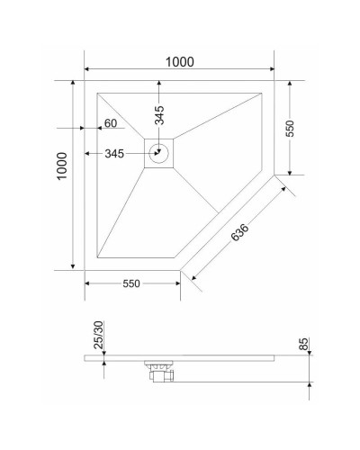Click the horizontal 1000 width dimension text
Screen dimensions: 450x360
click(179, 60)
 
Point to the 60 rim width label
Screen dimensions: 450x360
click(111, 123)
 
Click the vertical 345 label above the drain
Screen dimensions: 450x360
click(159, 115)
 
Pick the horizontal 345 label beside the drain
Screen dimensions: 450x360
click(114, 154)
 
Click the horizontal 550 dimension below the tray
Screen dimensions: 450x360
click(131, 283)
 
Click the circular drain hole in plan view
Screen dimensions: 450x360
click(161, 152)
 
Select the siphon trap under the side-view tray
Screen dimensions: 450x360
click(159, 370)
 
